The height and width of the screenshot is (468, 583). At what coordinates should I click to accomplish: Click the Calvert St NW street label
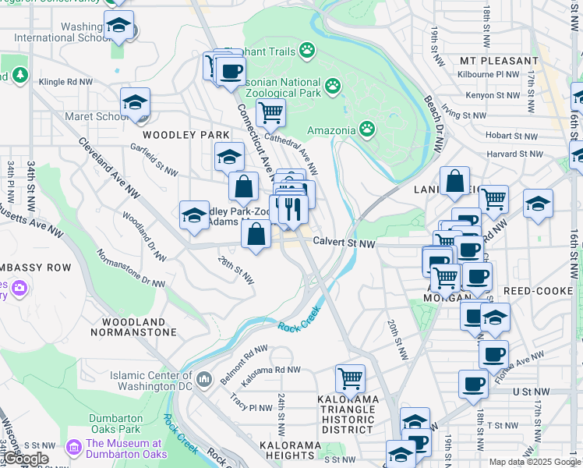point(344,243)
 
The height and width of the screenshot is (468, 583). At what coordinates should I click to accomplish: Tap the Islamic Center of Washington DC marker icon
point(204,380)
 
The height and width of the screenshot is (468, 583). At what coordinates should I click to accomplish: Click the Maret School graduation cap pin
point(135,103)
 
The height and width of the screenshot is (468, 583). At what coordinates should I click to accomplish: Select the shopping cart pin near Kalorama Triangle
point(351,379)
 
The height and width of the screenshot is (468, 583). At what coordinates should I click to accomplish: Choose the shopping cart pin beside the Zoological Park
point(270,112)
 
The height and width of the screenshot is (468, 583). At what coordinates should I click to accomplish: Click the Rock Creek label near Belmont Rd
point(299,317)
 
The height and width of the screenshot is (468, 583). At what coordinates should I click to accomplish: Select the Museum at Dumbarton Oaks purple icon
point(75,448)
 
